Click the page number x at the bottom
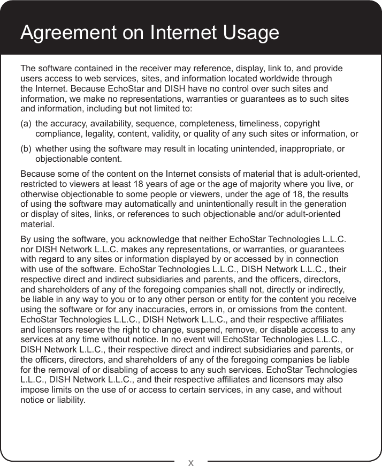[191, 461]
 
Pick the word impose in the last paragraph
[33, 390]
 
